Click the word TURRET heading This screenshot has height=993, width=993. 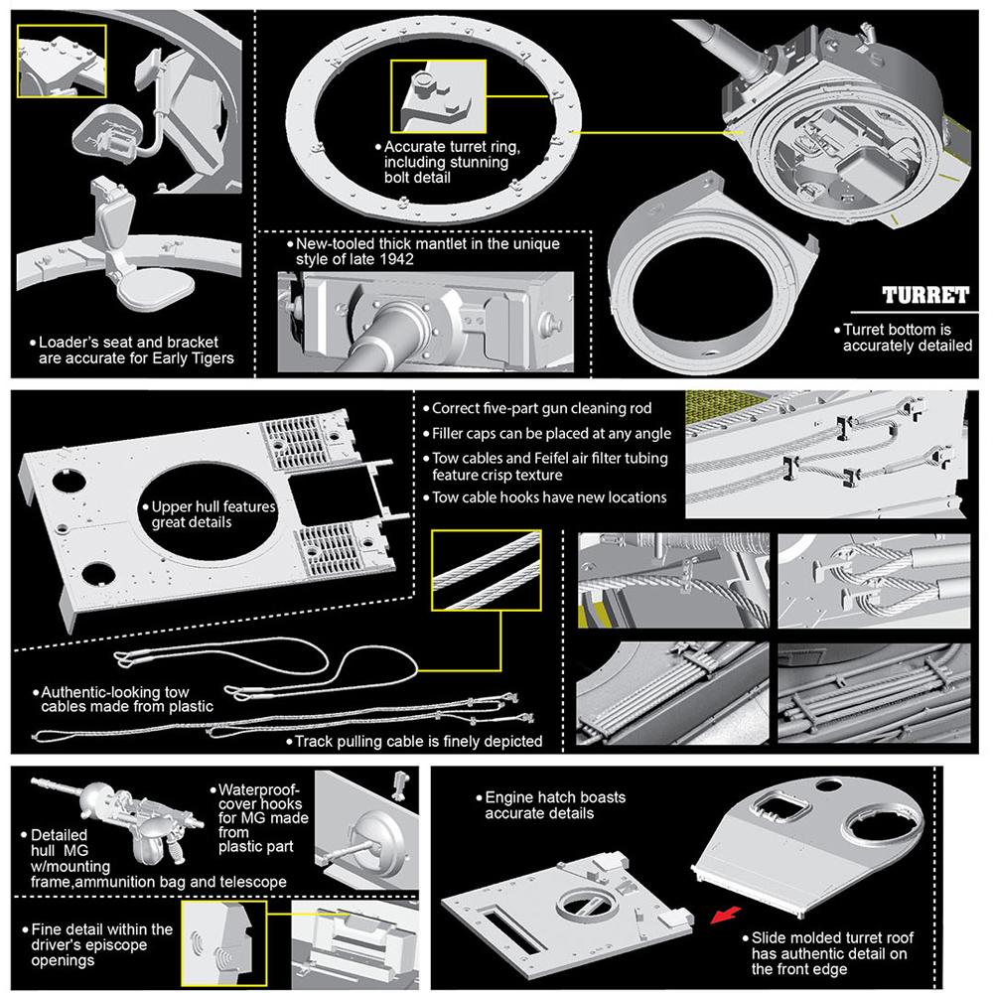point(925,296)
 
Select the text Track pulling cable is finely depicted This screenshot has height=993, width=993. point(416,741)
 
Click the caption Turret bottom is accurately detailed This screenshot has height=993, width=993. point(907,337)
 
